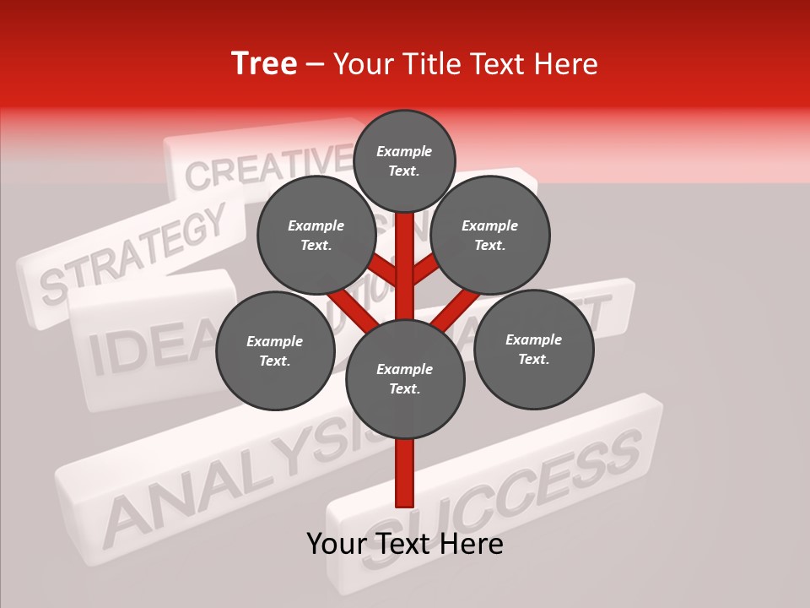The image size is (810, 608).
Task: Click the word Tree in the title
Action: tap(264, 64)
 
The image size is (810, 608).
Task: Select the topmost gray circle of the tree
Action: tap(404, 160)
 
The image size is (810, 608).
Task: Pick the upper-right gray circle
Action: tap(490, 235)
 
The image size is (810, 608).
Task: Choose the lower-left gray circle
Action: tap(275, 350)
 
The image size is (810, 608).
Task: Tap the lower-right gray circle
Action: tap(533, 349)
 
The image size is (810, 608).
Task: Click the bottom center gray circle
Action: tap(405, 378)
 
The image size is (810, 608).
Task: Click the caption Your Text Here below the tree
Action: tap(405, 544)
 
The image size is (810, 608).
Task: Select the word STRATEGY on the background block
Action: tap(135, 253)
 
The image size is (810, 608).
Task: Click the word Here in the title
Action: tap(570, 64)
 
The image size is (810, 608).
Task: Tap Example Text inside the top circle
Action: tap(404, 160)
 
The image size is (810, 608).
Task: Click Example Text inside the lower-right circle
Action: tap(533, 349)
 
